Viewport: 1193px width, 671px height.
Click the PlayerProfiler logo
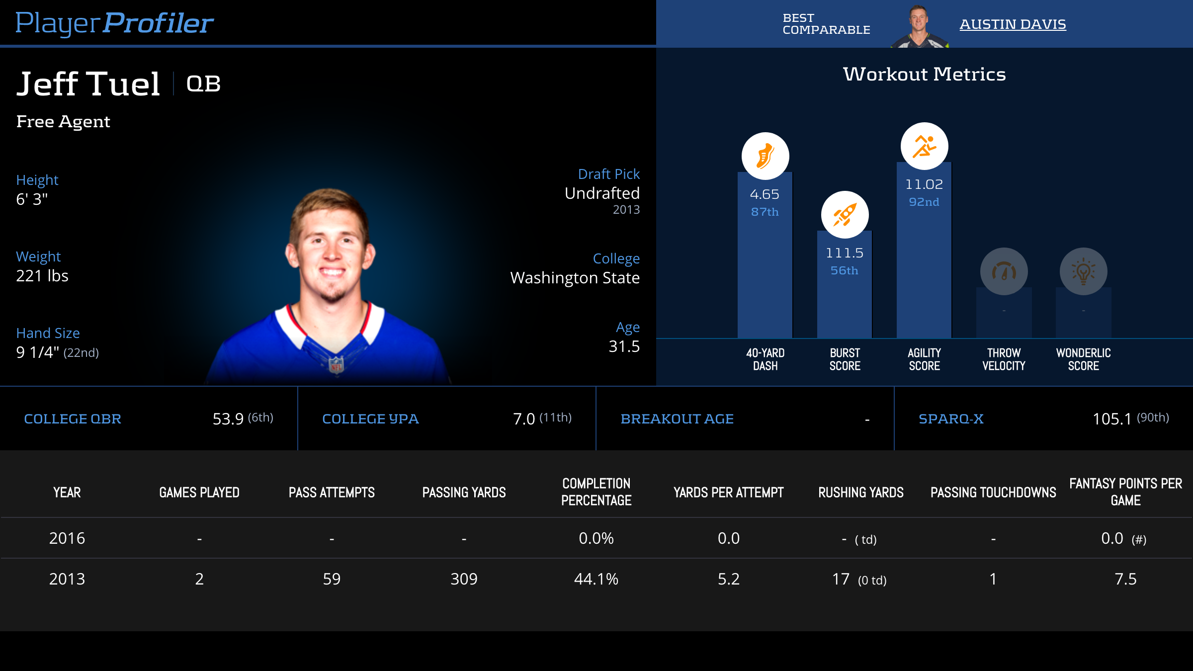(x=114, y=23)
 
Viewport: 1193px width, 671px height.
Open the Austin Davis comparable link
(x=1013, y=24)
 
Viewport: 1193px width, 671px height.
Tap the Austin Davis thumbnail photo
(x=919, y=26)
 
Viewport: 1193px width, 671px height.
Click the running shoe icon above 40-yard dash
(x=765, y=156)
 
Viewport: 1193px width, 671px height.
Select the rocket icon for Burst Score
(x=845, y=215)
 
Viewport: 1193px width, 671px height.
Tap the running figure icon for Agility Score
(x=924, y=146)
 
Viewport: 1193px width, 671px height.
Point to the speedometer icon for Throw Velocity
(x=1004, y=271)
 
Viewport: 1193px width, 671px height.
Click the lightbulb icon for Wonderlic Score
(x=1083, y=271)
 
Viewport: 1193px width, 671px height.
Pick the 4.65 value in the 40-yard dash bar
(x=765, y=194)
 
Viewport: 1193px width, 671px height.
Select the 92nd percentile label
(x=924, y=202)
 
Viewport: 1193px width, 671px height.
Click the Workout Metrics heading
(x=924, y=74)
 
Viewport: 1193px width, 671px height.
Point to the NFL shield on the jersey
(x=337, y=365)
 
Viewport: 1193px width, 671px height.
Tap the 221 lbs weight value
(x=42, y=276)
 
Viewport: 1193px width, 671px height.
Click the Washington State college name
(x=575, y=278)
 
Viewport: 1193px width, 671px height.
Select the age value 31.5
(x=624, y=346)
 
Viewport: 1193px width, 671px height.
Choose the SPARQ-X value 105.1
(x=1111, y=419)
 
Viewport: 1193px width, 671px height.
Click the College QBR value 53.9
(x=228, y=419)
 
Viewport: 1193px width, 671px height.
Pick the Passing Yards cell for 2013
(x=464, y=579)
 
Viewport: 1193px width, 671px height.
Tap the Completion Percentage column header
(x=596, y=492)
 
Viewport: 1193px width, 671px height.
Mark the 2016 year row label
(x=67, y=538)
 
